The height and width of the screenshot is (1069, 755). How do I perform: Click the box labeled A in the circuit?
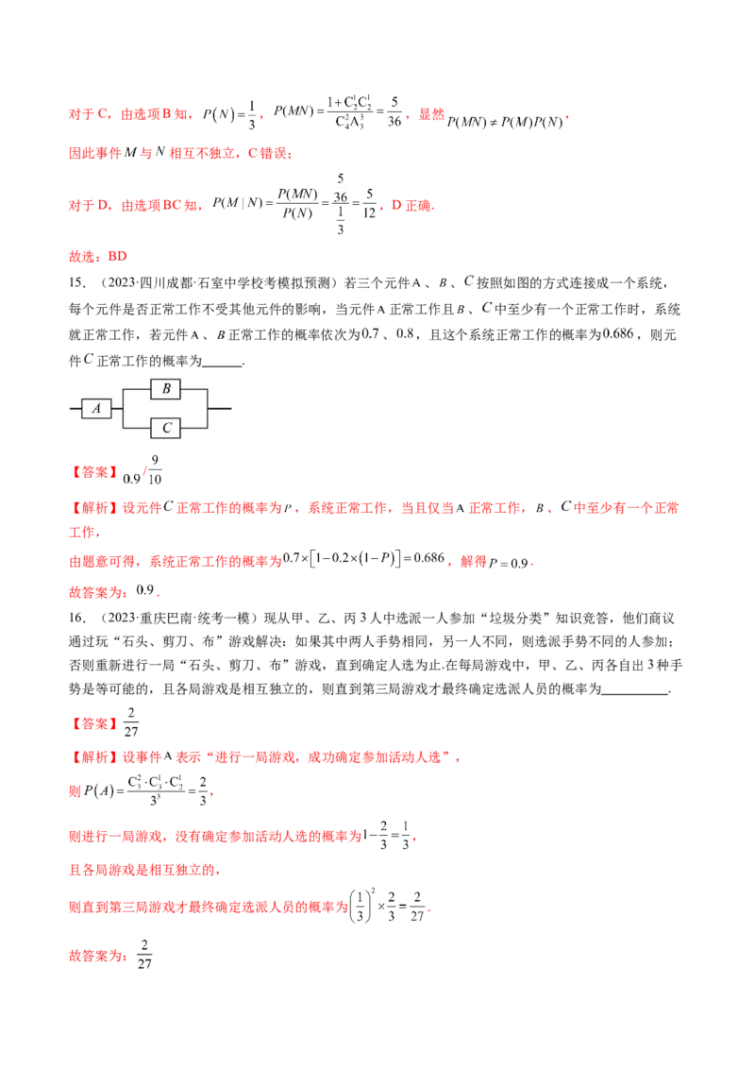(x=97, y=409)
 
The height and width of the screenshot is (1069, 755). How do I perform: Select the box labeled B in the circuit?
(x=166, y=389)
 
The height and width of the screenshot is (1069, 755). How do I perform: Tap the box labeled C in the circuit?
(x=166, y=428)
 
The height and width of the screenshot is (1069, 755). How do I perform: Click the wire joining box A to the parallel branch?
(x=118, y=409)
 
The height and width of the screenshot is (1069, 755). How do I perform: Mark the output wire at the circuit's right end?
(x=219, y=409)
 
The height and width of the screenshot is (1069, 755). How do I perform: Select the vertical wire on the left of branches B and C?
(x=125, y=409)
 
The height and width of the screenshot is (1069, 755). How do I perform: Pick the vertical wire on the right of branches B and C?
(x=207, y=409)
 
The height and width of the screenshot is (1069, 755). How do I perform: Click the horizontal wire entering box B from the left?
(x=138, y=389)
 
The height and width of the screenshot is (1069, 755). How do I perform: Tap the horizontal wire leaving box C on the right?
(x=193, y=428)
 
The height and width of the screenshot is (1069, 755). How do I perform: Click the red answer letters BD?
(x=118, y=255)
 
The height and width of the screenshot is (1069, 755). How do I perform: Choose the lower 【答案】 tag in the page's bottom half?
(x=94, y=725)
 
